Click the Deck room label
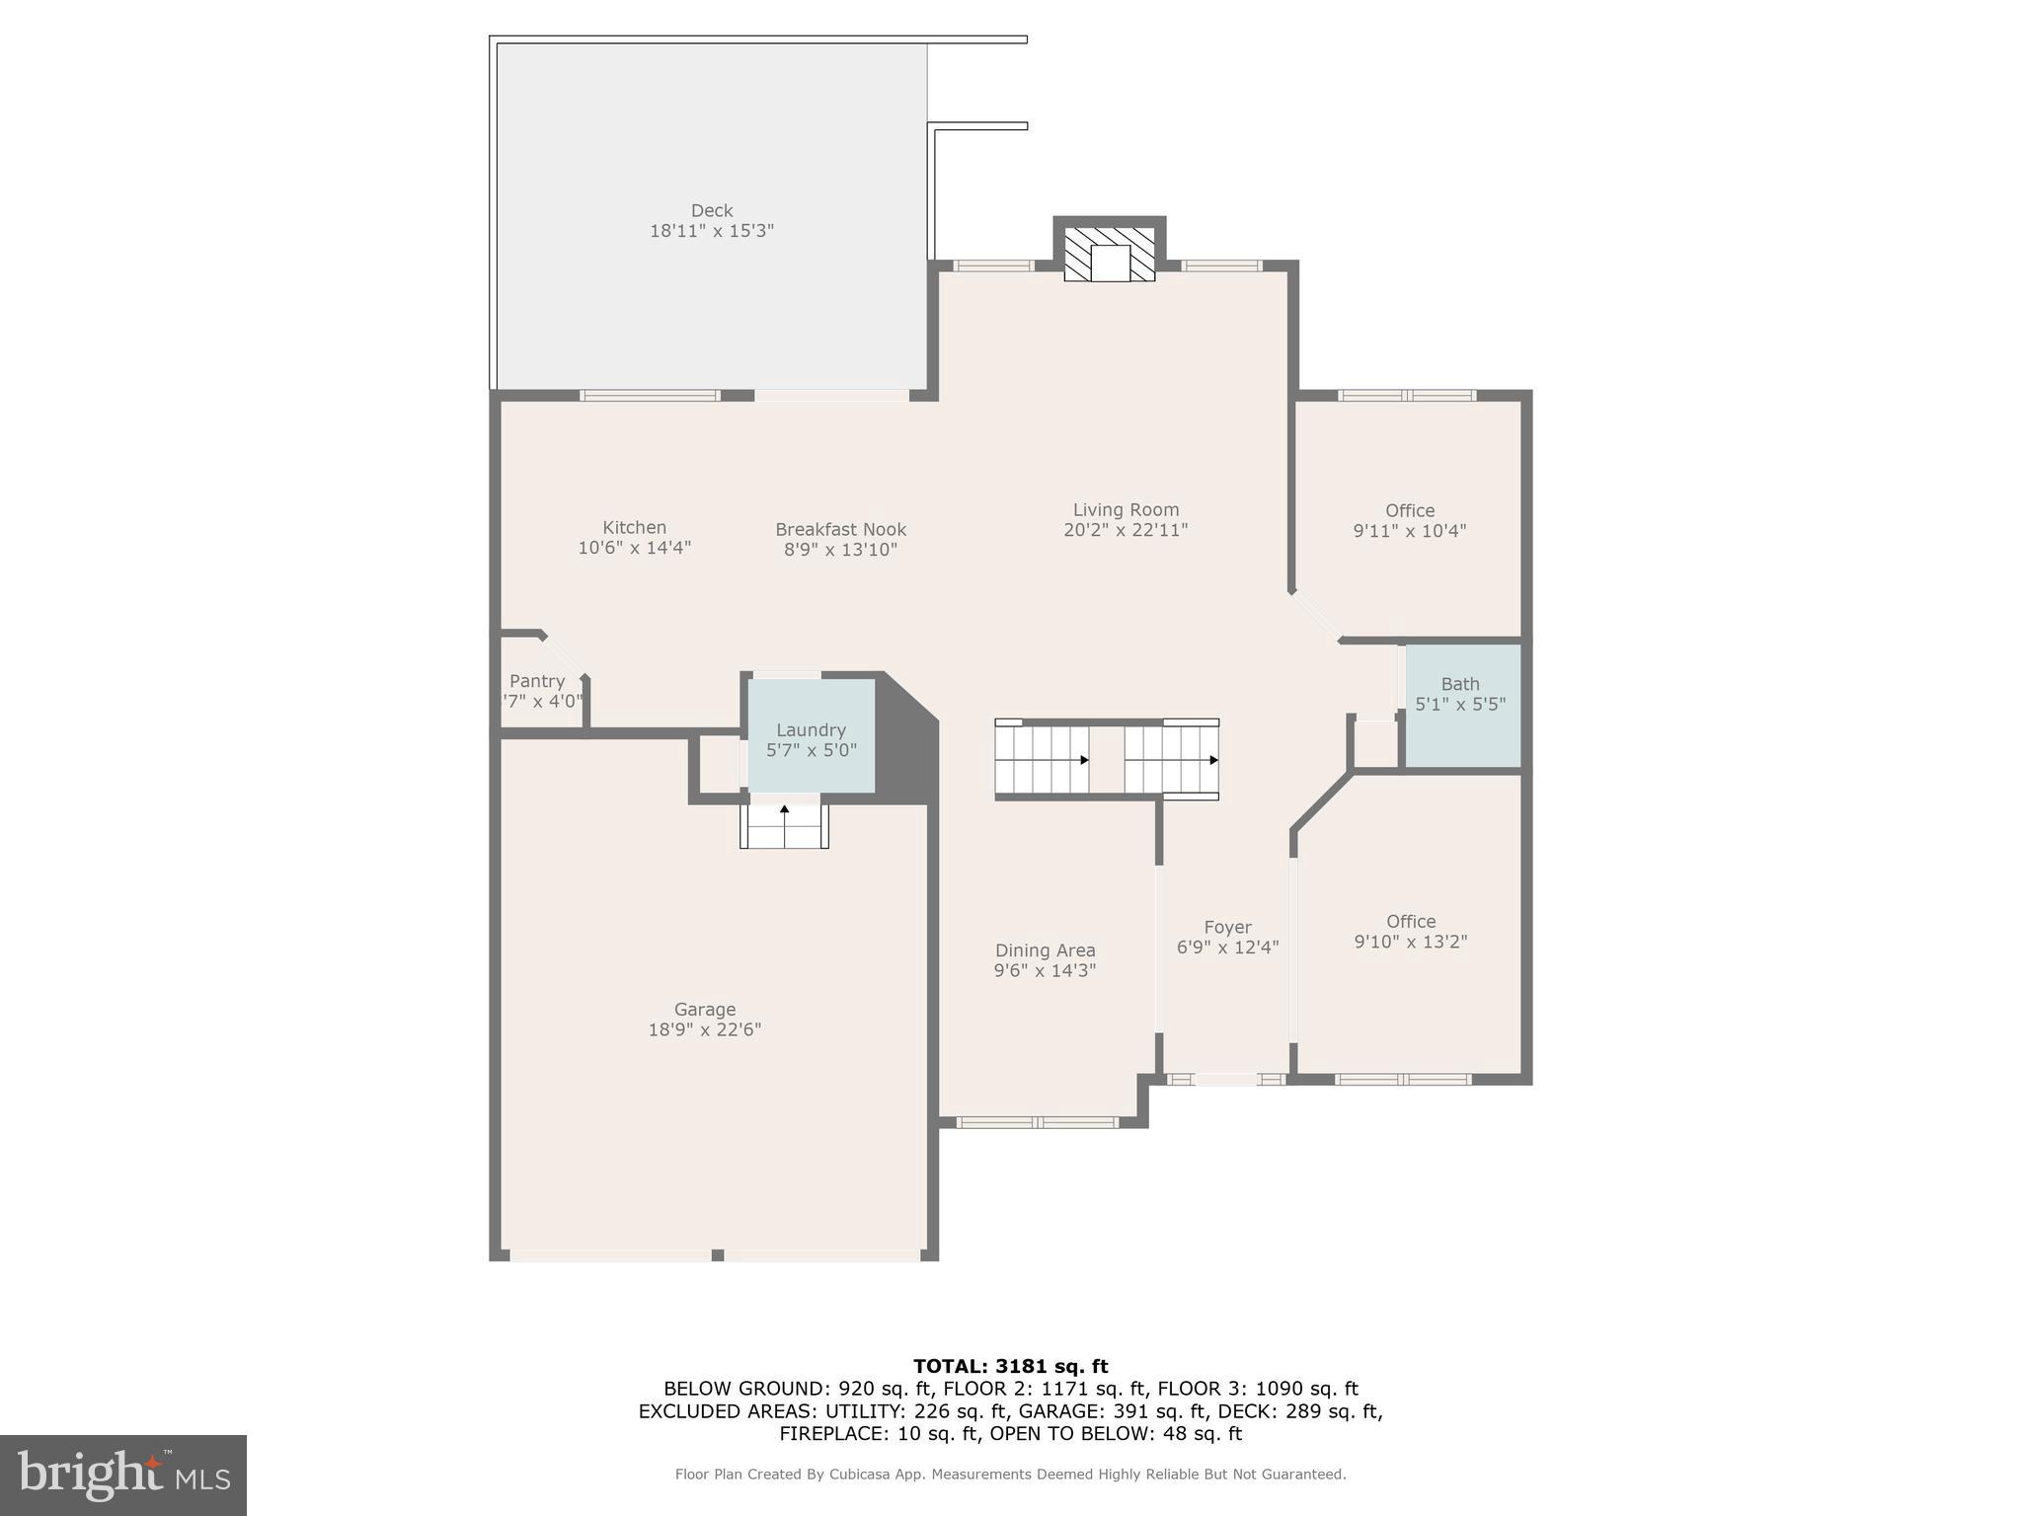point(711,210)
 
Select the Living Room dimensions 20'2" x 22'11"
point(1126,530)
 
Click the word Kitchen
point(634,528)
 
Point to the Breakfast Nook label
point(840,530)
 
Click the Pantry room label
point(537,681)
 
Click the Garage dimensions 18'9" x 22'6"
point(704,1029)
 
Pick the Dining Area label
point(1045,950)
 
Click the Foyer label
point(1227,928)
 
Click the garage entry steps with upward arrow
point(784,826)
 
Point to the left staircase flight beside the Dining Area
point(1042,759)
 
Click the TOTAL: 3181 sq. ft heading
point(1010,1366)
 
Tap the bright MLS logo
point(123,1475)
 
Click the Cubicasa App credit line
point(1010,1475)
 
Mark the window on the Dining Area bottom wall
point(1037,1122)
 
